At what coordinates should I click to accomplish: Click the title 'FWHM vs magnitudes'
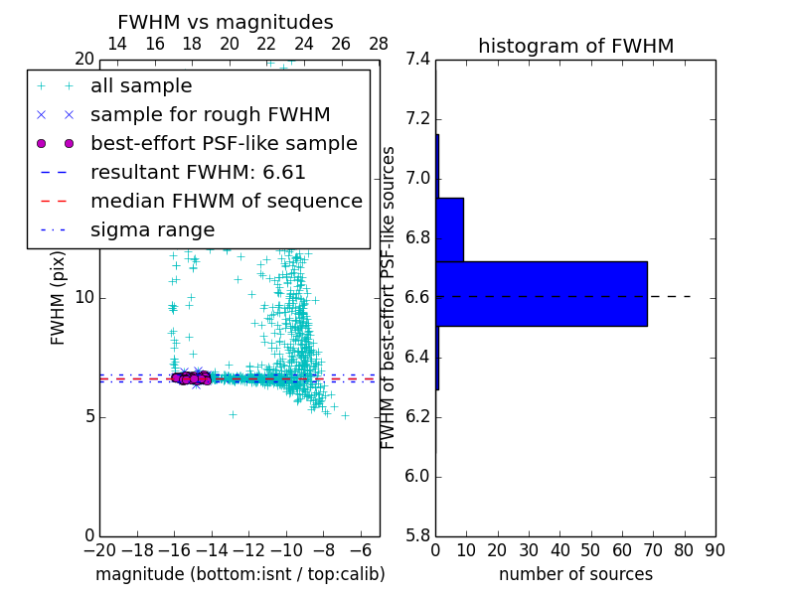(226, 23)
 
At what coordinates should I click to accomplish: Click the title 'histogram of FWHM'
(575, 46)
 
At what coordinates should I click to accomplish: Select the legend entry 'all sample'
(141, 86)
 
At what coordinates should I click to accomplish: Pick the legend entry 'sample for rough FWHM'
(210, 115)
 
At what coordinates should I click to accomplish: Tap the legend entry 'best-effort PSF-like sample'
(224, 144)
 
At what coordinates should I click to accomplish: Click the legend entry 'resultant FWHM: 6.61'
(198, 173)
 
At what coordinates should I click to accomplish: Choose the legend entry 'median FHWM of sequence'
(226, 202)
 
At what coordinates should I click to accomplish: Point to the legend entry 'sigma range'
(152, 230)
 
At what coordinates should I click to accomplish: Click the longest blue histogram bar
(542, 293)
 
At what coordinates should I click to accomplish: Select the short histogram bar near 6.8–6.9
(449, 229)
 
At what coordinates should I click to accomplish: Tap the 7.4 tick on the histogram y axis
(418, 60)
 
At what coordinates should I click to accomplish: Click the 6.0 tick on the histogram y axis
(418, 477)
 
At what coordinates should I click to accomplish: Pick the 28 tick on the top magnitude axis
(379, 44)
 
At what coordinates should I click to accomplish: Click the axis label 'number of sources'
(575, 574)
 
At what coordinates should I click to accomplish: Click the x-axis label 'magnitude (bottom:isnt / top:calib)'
(239, 574)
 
